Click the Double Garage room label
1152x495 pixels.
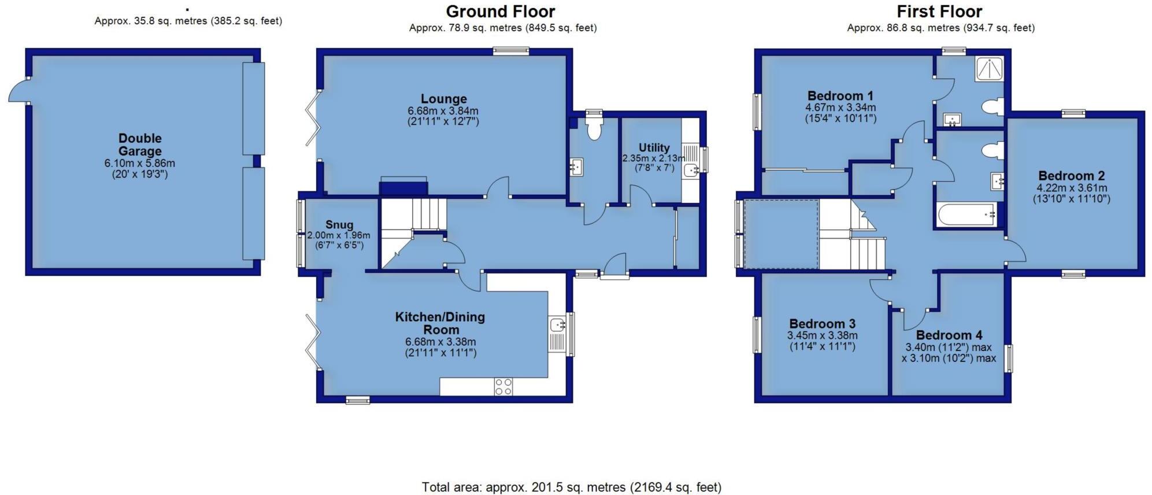pos(140,145)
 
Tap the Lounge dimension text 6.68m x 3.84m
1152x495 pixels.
pos(443,111)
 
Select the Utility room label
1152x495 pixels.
pos(654,147)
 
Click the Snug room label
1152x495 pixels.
pos(339,225)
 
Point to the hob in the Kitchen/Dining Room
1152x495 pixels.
pos(503,386)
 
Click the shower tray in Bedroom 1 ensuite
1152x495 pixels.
pos(990,68)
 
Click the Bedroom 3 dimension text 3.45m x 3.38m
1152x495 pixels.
pos(822,335)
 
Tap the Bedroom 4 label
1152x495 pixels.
pos(949,335)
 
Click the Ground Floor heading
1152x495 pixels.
pos(501,11)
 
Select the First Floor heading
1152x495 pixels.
pos(939,11)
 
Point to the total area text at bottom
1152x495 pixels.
pos(571,487)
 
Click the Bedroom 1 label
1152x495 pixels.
pos(840,95)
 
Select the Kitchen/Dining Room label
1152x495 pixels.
pos(440,323)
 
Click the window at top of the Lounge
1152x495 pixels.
pos(511,51)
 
